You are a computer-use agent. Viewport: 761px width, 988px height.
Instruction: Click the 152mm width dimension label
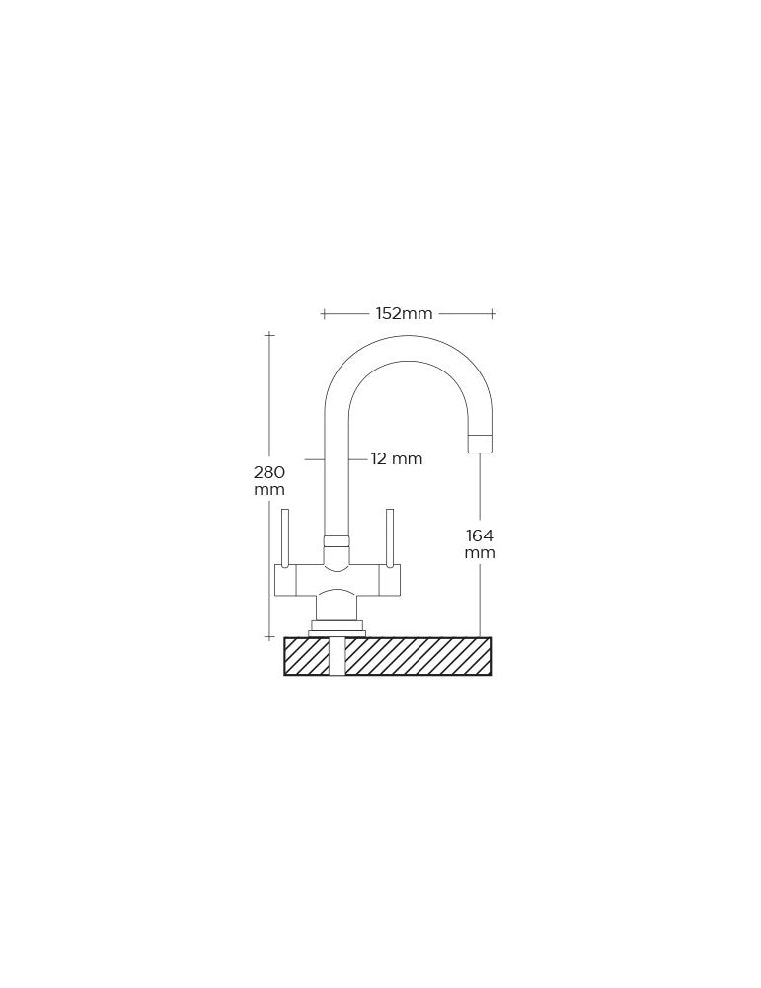[404, 314]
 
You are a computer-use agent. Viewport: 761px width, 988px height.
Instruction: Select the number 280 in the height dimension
[268, 472]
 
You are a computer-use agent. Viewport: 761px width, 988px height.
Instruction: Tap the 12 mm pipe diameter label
[396, 458]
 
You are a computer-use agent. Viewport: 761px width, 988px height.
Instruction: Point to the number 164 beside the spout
[480, 535]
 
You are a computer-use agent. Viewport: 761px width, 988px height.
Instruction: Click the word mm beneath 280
[268, 490]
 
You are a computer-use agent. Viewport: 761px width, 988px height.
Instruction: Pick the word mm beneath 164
[480, 553]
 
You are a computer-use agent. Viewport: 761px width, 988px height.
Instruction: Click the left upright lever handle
[285, 537]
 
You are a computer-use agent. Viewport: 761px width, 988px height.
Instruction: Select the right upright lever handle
[390, 537]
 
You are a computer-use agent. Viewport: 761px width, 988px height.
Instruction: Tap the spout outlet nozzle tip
[480, 444]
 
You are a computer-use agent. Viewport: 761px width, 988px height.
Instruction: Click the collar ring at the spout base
[337, 540]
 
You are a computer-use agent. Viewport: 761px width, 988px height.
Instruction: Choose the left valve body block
[285, 579]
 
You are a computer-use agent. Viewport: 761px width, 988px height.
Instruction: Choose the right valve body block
[390, 579]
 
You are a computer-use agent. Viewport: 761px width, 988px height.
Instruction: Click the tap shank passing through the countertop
[337, 656]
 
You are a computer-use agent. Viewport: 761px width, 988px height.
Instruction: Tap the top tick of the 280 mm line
[269, 335]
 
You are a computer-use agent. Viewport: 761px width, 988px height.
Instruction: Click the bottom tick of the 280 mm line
[269, 637]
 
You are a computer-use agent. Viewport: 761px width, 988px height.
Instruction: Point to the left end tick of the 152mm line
[324, 314]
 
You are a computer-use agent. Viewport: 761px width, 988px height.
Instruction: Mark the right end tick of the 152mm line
[493, 314]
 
